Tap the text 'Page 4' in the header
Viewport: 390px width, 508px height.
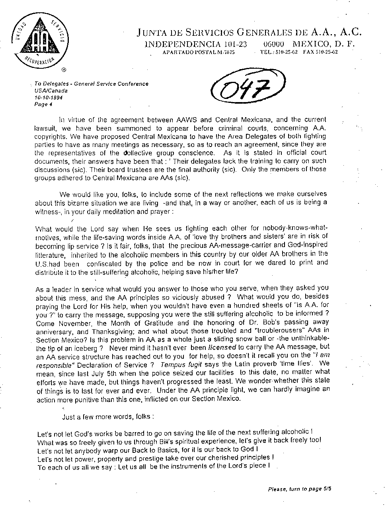43,105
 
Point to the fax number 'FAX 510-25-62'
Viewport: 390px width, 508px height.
320,52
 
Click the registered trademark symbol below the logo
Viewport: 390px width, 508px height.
64,70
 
